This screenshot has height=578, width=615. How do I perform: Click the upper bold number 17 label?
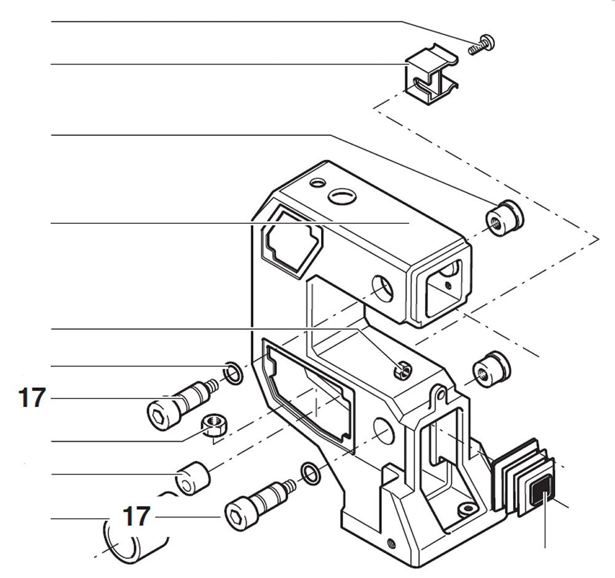[x=32, y=398]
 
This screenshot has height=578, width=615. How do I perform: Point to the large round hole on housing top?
[x=341, y=196]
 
